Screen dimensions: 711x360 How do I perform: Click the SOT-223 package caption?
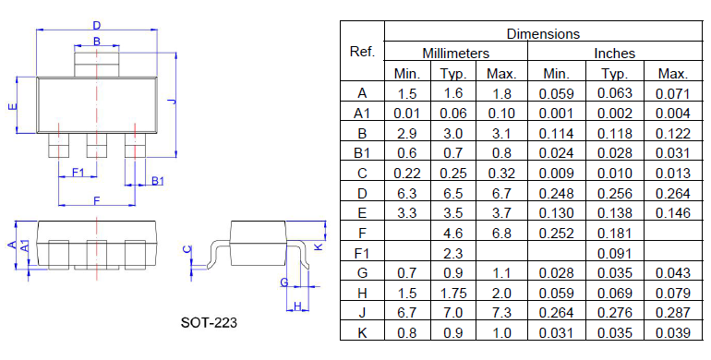[209, 322]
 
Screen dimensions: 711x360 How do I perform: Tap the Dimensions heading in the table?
[543, 33]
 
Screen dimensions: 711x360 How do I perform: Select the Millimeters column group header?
[456, 54]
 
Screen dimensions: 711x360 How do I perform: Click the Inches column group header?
[614, 54]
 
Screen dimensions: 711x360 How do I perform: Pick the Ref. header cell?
[362, 52]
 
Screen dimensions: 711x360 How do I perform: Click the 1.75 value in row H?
[453, 293]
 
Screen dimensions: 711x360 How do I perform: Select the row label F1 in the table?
[362, 253]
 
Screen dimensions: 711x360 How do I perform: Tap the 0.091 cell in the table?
[614, 254]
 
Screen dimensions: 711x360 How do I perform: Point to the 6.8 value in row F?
[501, 233]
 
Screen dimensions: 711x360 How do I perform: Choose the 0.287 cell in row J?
[673, 313]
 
